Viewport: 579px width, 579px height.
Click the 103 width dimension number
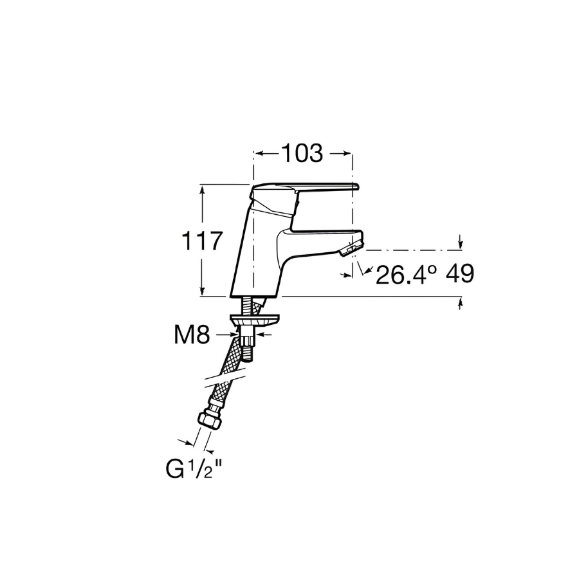pyautogui.click(x=302, y=153)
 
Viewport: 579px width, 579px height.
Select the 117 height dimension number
pyautogui.click(x=203, y=241)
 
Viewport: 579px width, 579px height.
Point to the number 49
pyautogui.click(x=460, y=273)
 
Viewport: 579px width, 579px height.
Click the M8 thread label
pyautogui.click(x=192, y=335)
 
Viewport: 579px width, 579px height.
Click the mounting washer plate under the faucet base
pyautogui.click(x=255, y=320)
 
